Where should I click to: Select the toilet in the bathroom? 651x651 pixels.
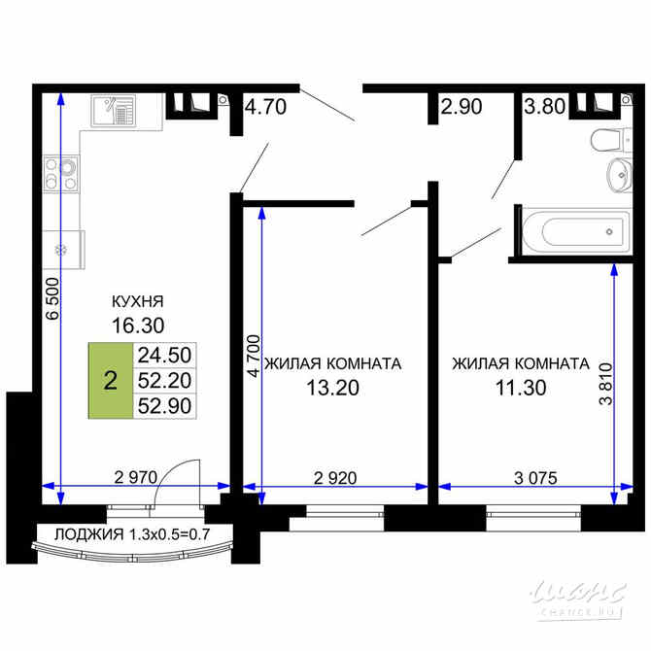point(606,140)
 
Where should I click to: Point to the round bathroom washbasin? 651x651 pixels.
point(617,178)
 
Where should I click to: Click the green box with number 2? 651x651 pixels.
point(110,380)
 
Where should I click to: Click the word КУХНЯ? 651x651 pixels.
point(137,301)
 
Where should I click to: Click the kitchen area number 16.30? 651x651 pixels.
point(137,325)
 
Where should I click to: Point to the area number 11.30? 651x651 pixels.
point(520,389)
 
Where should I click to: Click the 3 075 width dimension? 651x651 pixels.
point(530,476)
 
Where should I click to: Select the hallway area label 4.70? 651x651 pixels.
point(265,107)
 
